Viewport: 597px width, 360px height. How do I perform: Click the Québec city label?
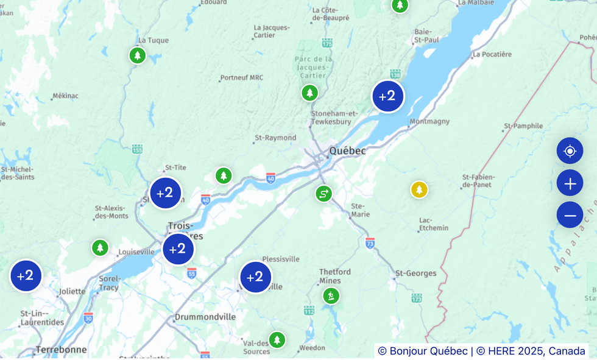point(347,150)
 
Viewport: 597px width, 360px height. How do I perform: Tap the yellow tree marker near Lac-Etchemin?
point(419,189)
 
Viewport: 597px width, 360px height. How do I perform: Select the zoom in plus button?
point(570,183)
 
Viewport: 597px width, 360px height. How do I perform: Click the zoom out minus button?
point(570,215)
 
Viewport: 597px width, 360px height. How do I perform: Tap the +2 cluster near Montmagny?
point(388,96)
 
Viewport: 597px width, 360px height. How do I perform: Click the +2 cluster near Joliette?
point(26,276)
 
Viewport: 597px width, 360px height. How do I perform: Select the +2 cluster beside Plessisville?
point(256,277)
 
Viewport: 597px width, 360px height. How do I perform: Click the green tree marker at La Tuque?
point(138,55)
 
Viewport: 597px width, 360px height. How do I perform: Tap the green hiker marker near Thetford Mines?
point(331,296)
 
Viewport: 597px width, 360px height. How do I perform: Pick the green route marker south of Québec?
point(323,194)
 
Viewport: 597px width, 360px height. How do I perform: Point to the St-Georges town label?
point(416,274)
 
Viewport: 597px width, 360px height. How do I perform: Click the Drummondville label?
point(205,317)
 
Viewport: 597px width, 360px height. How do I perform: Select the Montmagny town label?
point(429,122)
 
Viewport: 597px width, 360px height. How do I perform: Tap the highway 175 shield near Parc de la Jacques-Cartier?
point(328,43)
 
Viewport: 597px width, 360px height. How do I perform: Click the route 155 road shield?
point(137,149)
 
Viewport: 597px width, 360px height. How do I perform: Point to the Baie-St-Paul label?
point(426,36)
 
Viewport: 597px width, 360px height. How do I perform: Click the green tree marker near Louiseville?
point(100,248)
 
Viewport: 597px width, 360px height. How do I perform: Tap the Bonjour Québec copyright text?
point(423,351)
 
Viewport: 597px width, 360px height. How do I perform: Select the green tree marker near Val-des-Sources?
point(277,339)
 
